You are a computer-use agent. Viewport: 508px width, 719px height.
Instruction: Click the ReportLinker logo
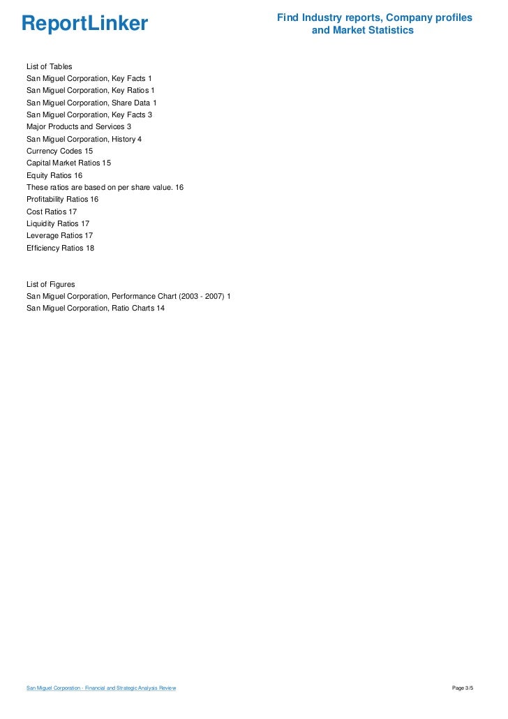pyautogui.click(x=84, y=24)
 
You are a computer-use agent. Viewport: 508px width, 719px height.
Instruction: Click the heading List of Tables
pyautogui.click(x=49, y=66)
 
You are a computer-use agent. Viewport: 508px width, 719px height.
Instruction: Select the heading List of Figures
pyautogui.click(x=50, y=285)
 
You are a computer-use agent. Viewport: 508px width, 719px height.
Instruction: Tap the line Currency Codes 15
pyautogui.click(x=59, y=151)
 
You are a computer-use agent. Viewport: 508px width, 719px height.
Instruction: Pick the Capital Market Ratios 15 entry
pyautogui.click(x=68, y=163)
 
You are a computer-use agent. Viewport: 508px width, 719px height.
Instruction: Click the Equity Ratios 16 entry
pyautogui.click(x=54, y=175)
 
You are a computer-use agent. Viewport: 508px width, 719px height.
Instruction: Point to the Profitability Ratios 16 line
pyautogui.click(x=62, y=200)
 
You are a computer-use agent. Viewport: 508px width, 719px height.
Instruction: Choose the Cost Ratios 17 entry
pyautogui.click(x=52, y=212)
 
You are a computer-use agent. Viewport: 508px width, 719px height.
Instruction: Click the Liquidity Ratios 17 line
pyautogui.click(x=58, y=223)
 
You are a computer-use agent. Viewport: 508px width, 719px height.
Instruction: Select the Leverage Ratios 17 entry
pyautogui.click(x=59, y=236)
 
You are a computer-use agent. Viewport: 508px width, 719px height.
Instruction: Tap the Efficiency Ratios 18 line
pyautogui.click(x=60, y=248)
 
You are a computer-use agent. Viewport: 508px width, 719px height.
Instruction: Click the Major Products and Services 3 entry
pyautogui.click(x=79, y=126)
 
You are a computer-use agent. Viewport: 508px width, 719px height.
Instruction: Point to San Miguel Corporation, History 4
pyautogui.click(x=84, y=139)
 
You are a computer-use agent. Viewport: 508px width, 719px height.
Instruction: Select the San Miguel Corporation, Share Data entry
pyautogui.click(x=91, y=103)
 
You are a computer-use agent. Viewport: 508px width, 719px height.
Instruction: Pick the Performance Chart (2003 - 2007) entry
pyautogui.click(x=128, y=297)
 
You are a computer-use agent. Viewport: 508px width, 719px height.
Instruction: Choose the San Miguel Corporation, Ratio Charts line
pyautogui.click(x=96, y=309)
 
